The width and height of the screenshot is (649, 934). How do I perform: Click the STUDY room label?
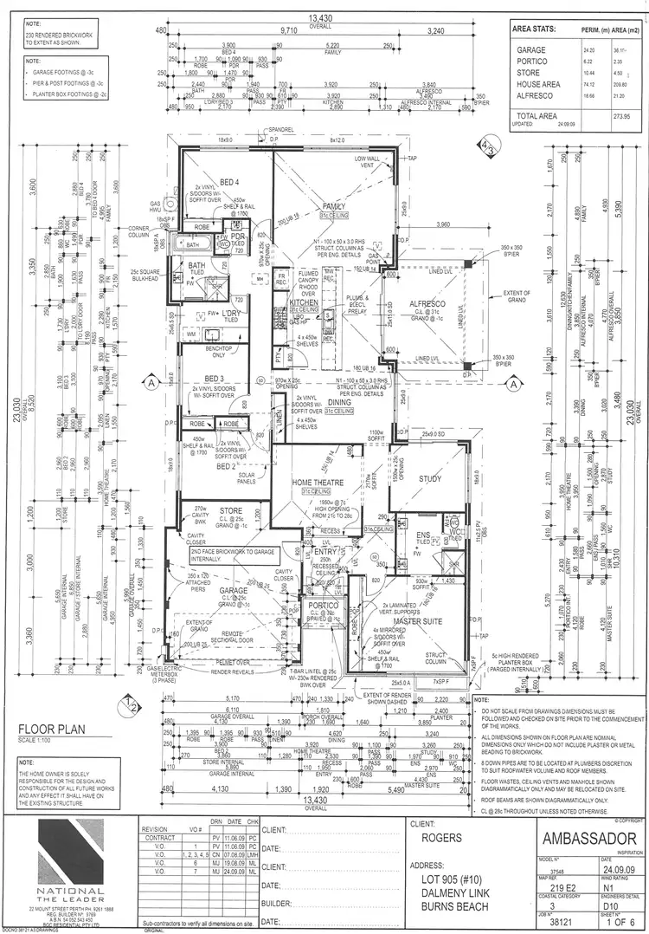430,478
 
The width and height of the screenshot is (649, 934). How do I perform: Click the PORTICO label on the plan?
318,606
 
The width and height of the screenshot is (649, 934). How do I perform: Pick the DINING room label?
338,402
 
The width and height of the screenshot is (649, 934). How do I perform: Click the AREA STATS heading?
533,28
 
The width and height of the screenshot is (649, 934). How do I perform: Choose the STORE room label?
231,510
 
